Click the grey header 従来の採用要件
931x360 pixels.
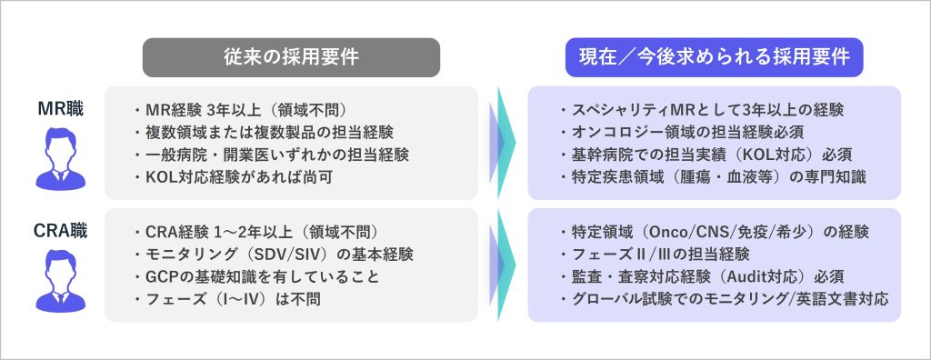(291, 57)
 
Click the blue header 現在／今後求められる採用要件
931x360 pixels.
(715, 57)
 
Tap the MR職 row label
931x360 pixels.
(61, 109)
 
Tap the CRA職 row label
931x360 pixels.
(61, 231)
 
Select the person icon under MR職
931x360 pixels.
(61, 158)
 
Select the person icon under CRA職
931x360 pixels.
(61, 280)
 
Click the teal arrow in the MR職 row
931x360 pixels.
(506, 143)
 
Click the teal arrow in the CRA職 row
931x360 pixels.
(506, 265)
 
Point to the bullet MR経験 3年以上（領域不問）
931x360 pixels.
(240, 111)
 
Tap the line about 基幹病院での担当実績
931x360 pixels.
(706, 155)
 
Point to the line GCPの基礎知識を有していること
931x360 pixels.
(255, 276)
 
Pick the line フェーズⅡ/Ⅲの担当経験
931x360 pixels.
(654, 255)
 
